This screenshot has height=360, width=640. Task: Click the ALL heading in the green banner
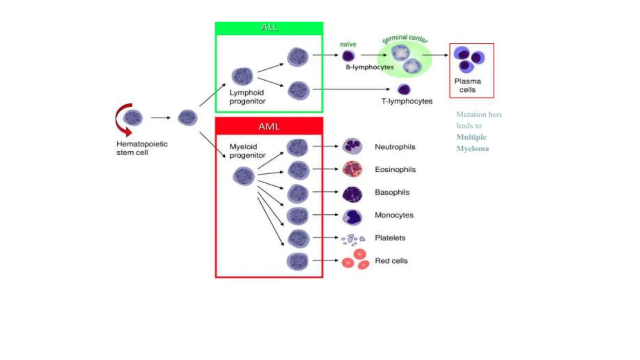pyautogui.click(x=269, y=27)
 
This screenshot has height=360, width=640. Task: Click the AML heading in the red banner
pyautogui.click(x=269, y=127)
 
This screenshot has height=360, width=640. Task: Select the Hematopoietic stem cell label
pyautogui.click(x=142, y=148)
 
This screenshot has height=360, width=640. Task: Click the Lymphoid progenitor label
pyautogui.click(x=247, y=97)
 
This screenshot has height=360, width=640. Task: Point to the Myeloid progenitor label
pyautogui.click(x=247, y=151)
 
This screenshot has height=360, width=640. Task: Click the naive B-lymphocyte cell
pyautogui.click(x=348, y=56)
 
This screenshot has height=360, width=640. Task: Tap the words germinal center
pyautogui.click(x=405, y=39)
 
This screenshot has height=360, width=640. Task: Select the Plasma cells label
pyautogui.click(x=467, y=85)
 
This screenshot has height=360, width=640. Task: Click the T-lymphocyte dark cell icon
pyautogui.click(x=404, y=89)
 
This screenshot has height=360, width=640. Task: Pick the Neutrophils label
pyautogui.click(x=395, y=147)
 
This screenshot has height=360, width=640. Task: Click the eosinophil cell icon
pyautogui.click(x=352, y=169)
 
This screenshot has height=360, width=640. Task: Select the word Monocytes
pyautogui.click(x=394, y=215)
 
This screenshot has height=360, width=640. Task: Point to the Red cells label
pyautogui.click(x=391, y=261)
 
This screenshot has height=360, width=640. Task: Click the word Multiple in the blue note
pyautogui.click(x=471, y=137)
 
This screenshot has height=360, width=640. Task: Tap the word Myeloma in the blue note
pyautogui.click(x=472, y=148)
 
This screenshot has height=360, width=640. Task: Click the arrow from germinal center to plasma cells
pyautogui.click(x=435, y=55)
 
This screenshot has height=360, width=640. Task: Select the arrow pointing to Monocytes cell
pyautogui.click(x=325, y=215)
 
